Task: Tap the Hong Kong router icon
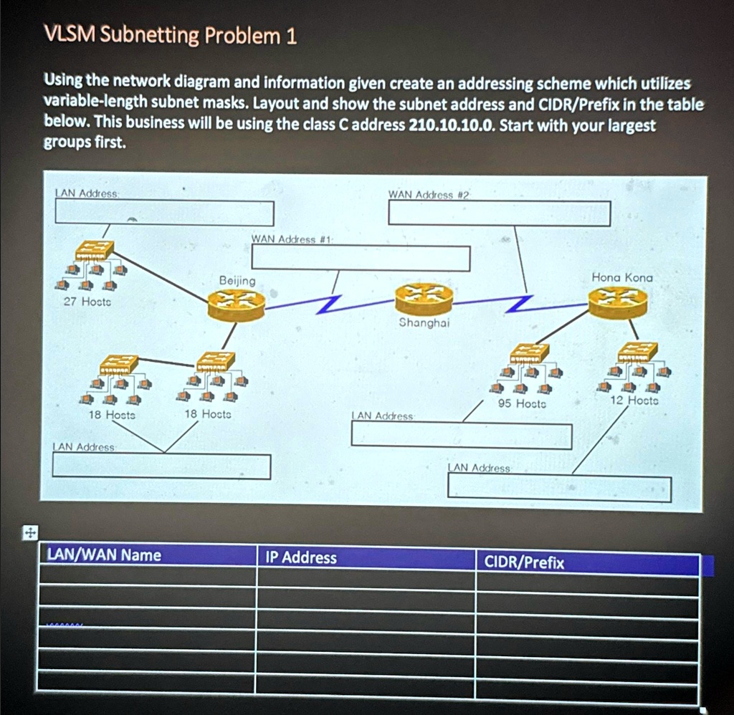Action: (618, 302)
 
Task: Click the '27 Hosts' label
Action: (87, 302)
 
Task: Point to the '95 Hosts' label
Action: (522, 403)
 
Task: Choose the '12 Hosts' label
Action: (634, 400)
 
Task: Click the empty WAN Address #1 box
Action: (361, 258)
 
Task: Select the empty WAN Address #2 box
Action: (499, 213)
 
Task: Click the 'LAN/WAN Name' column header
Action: (104, 555)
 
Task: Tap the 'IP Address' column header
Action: (301, 557)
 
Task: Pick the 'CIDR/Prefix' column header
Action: (524, 562)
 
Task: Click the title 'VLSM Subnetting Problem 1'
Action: (171, 35)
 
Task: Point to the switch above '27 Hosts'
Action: (95, 250)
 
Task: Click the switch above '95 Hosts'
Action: (530, 353)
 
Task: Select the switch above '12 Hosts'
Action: (637, 352)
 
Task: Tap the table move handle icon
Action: (29, 532)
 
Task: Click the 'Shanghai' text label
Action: (424, 322)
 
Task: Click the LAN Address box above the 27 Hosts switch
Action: (164, 213)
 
